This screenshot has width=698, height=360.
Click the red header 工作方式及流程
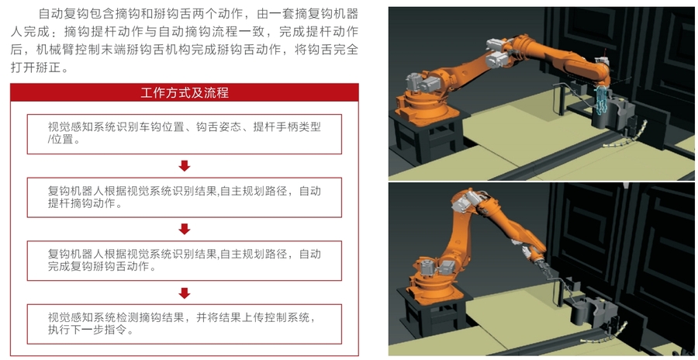tap(185, 92)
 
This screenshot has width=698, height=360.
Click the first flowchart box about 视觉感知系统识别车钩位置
tap(185, 134)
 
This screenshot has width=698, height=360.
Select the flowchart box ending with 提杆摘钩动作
tap(185, 197)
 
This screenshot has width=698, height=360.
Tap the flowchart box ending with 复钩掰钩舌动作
tap(185, 261)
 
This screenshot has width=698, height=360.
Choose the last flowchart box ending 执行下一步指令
tap(185, 324)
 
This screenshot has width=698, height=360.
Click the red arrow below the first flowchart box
tap(185, 166)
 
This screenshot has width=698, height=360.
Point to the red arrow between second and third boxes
tap(185, 229)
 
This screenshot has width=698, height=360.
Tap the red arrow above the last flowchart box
tap(185, 292)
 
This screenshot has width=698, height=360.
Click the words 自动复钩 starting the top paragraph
tap(64, 13)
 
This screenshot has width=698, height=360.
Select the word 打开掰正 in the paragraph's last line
tap(36, 67)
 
